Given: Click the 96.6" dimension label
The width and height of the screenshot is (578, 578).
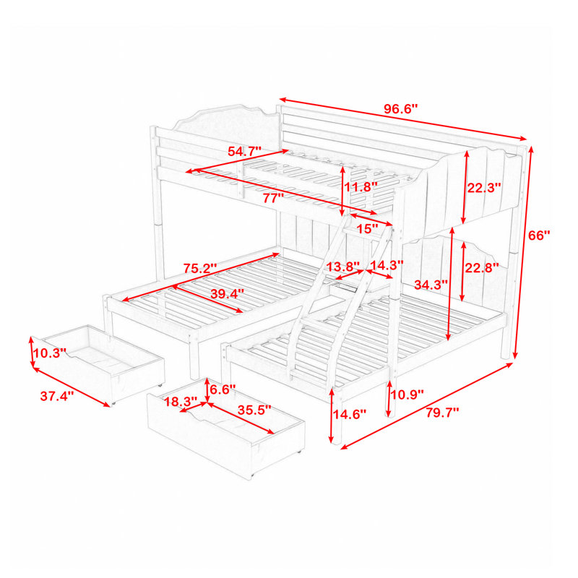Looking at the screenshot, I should [402, 109].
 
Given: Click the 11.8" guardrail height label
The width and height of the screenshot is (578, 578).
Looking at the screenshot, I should [361, 187].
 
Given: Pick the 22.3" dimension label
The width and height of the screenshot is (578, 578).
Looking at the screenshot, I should [484, 187].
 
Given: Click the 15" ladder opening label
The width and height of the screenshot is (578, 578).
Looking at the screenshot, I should [366, 229].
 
